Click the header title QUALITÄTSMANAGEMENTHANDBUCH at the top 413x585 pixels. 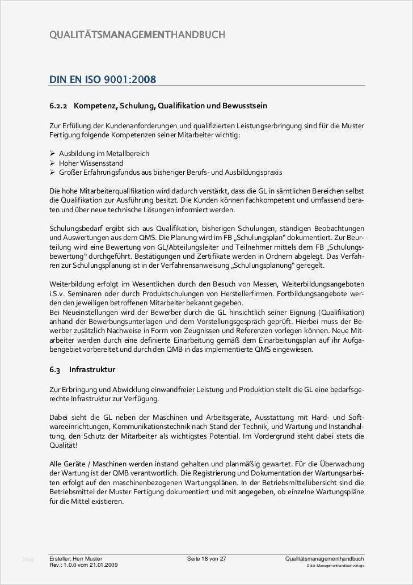pyautogui.click(x=137, y=35)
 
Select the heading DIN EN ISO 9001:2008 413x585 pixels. pyautogui.click(x=102, y=79)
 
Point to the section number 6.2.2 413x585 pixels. pyautogui.click(x=58, y=106)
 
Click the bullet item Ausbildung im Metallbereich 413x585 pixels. pyautogui.click(x=104, y=154)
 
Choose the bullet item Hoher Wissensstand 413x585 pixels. pyautogui.click(x=91, y=163)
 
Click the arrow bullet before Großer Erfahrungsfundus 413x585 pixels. pyautogui.click(x=52, y=172)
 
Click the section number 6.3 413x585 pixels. pyautogui.click(x=54, y=370)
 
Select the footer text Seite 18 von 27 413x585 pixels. pyautogui.click(x=206, y=559)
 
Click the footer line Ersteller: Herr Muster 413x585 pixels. pyautogui.click(x=75, y=559)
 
